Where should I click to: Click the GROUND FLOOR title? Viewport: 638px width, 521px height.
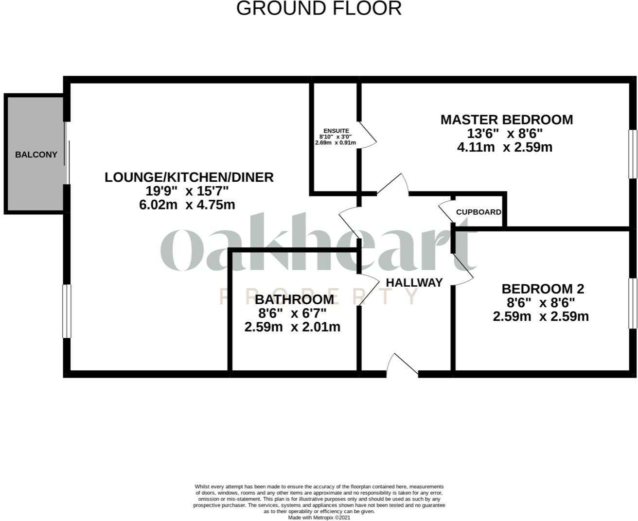click(x=319, y=9)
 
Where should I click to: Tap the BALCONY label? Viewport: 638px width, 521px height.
click(x=36, y=155)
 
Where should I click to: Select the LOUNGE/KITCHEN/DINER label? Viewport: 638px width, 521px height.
click(x=189, y=177)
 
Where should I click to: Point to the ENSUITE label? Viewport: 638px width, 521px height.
click(x=336, y=131)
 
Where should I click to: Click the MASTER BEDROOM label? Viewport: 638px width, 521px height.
click(x=506, y=120)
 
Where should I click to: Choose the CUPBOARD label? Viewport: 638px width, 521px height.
click(x=478, y=212)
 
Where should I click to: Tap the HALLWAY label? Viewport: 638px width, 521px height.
click(x=414, y=282)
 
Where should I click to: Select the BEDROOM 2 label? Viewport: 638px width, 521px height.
click(x=543, y=289)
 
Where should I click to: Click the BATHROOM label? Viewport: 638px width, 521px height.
click(x=294, y=299)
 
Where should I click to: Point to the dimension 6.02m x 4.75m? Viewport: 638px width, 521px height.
click(x=187, y=205)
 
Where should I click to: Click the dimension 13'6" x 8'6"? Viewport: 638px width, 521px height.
click(x=505, y=134)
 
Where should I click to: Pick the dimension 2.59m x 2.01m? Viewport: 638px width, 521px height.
click(x=292, y=327)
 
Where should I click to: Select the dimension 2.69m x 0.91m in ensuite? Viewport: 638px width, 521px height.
click(x=336, y=143)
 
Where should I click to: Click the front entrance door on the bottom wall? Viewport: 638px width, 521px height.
click(x=402, y=366)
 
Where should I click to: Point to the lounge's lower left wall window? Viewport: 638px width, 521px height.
click(x=67, y=311)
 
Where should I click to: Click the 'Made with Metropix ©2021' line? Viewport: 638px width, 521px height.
click(x=319, y=518)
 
